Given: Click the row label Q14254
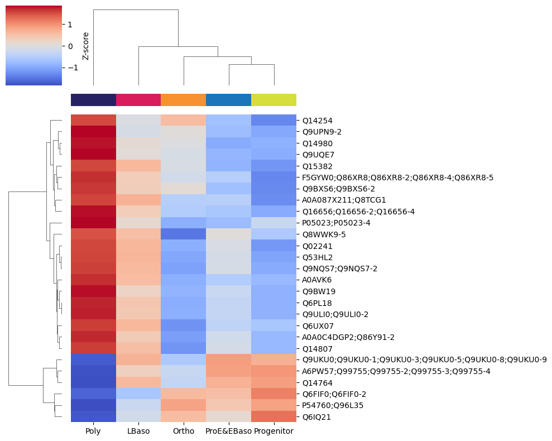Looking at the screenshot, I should coord(318,120).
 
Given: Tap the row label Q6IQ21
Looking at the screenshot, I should coord(316,417).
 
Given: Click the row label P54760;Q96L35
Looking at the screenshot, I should coord(333,405).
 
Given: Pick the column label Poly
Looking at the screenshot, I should coord(93,431).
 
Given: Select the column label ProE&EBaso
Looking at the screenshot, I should coord(228,431).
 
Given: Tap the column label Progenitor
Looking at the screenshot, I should coord(273,431).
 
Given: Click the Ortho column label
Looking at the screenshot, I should coord(184,431).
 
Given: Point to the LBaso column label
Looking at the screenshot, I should coord(138,431).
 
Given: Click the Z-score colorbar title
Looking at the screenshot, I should coord(86,46).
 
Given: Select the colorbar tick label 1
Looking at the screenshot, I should coord(70,25).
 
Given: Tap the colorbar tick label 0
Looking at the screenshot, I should coord(70,46).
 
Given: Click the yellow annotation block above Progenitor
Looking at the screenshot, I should coord(273,100).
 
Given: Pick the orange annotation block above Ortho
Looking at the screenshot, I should coord(184,100).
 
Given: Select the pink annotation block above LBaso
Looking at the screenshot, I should coord(138,100).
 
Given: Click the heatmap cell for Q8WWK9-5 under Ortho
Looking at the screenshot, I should coord(184,234).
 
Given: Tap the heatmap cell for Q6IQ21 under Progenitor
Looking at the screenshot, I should coord(273,417).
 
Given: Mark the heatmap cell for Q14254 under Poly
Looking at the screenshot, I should coord(93,120).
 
